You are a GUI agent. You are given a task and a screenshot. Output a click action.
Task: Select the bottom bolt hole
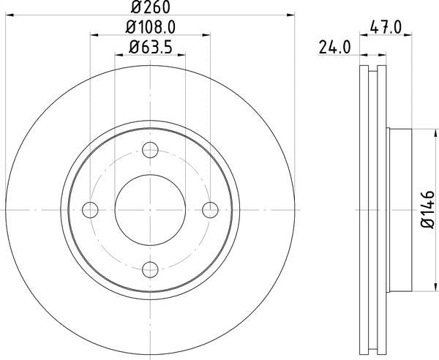tap(150, 269)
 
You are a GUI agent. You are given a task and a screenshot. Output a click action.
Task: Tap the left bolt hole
tap(91, 209)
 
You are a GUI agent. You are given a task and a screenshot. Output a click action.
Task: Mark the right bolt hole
tap(209, 209)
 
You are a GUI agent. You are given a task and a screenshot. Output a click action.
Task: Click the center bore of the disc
tap(150, 209)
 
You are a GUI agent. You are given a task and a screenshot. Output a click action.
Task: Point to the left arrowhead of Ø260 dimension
tap(7, 14)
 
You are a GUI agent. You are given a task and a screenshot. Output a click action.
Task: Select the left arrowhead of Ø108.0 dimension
tap(94, 34)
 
